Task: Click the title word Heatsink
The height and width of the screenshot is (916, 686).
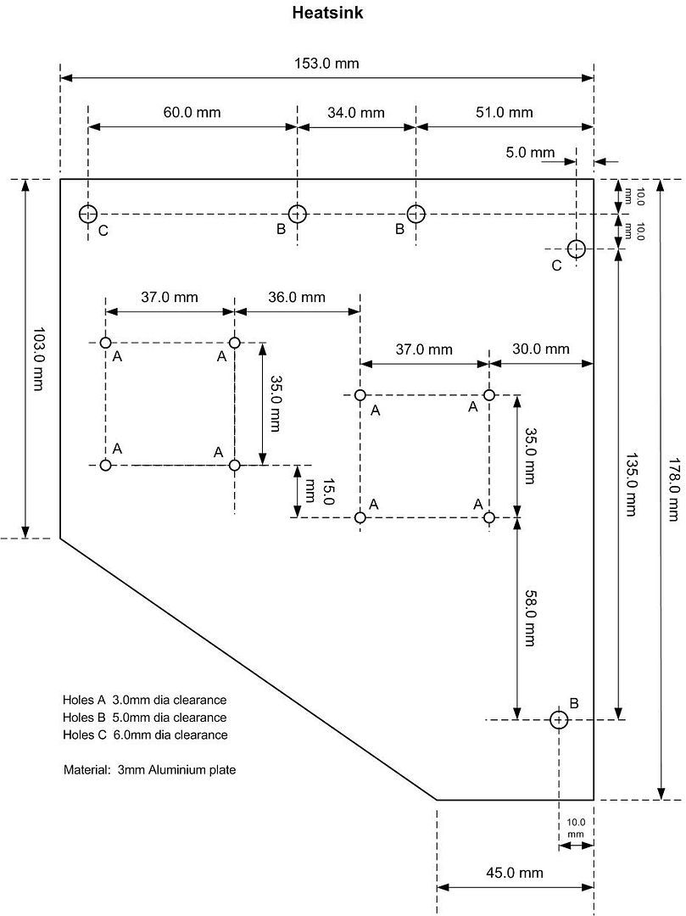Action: pos(327,14)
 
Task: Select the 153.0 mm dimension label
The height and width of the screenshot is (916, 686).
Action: pos(326,63)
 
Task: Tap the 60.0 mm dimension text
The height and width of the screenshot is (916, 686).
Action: pos(192,113)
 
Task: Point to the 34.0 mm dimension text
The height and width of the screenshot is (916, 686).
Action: pos(356,113)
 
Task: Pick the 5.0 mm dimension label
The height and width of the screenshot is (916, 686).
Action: pos(530,154)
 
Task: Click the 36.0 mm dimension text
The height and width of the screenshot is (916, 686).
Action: pos(296,298)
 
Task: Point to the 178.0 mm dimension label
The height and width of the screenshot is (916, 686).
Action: pos(673,488)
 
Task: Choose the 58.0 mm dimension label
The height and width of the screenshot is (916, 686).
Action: pos(529,617)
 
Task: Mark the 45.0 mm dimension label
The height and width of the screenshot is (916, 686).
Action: pos(515,873)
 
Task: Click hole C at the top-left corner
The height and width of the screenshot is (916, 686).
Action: pos(88,214)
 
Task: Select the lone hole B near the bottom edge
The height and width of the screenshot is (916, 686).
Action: pos(558,719)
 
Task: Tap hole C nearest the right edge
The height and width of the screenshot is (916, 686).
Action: pos(577,249)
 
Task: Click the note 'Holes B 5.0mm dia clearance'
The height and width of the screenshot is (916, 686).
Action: pos(145,718)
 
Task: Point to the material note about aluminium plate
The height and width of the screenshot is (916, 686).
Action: pos(149,771)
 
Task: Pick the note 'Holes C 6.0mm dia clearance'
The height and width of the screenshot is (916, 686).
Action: pos(145,734)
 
